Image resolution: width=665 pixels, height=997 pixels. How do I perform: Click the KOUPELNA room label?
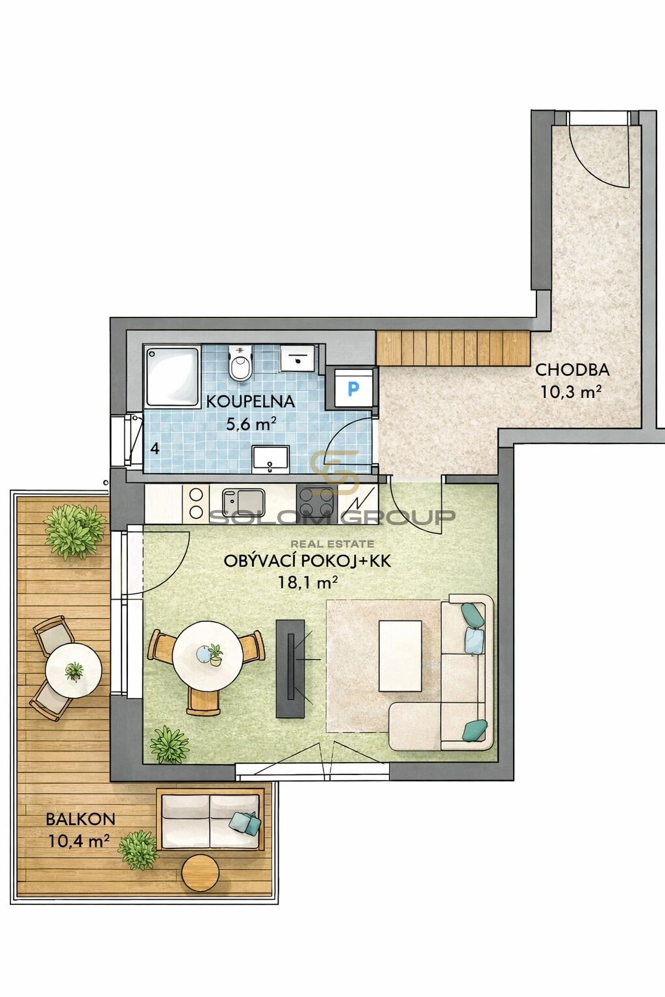coord(250,402)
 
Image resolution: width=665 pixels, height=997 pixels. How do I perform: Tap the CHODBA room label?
coord(572,369)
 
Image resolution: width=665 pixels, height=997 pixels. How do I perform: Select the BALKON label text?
coord(81,819)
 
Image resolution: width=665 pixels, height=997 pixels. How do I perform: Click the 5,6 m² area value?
coord(249,424)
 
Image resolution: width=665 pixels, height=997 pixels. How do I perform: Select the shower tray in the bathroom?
coord(173,376)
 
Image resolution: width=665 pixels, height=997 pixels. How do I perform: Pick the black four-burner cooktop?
coord(316,502)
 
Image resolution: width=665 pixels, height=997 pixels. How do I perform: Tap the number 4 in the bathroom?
coord(155,449)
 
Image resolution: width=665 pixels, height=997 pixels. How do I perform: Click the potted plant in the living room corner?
coord(169,745)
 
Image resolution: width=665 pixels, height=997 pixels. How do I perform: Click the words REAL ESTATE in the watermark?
coord(332,543)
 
